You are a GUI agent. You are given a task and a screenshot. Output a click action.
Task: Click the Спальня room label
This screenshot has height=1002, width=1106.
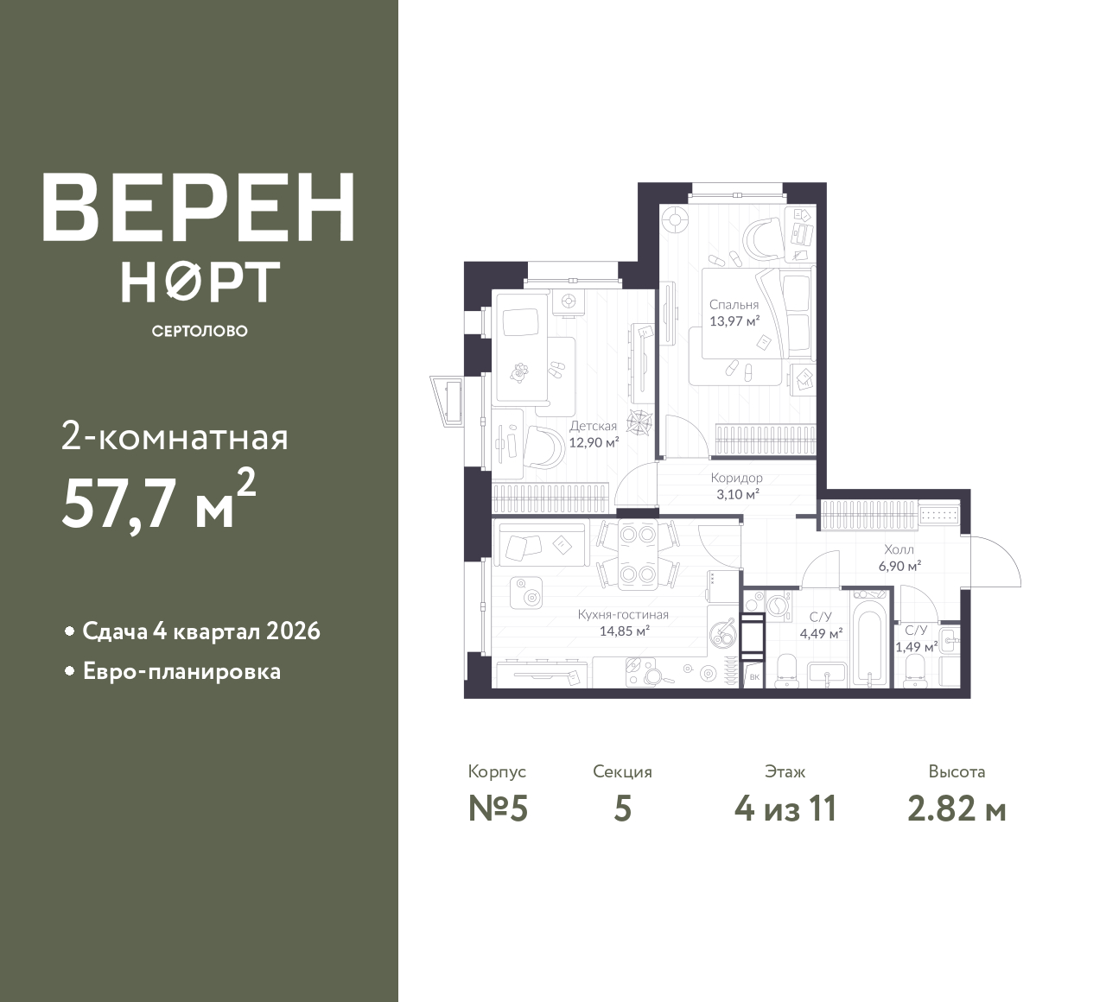[734, 304]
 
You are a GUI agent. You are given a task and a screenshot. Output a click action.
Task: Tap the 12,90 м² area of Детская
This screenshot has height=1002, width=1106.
[594, 442]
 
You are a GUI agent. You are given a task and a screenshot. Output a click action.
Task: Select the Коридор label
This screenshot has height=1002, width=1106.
[736, 478]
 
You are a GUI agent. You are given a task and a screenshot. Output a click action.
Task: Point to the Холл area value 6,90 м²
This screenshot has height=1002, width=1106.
[899, 566]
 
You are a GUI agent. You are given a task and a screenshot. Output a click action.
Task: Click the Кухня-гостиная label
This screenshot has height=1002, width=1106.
[623, 614]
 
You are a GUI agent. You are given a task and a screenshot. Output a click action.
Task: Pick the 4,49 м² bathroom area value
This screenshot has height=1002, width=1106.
[822, 634]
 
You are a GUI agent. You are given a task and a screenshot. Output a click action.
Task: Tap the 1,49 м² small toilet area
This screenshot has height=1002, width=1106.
[916, 647]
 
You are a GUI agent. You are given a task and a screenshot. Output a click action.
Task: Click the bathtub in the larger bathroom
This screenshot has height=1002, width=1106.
[869, 638]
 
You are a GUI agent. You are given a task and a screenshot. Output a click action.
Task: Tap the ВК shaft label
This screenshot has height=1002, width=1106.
[754, 677]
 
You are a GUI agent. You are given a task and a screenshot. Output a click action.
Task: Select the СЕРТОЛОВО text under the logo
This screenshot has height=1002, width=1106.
[200, 331]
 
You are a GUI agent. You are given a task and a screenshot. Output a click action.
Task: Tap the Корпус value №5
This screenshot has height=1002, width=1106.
[498, 809]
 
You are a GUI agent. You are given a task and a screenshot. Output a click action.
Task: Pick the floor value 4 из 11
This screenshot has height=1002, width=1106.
[785, 809]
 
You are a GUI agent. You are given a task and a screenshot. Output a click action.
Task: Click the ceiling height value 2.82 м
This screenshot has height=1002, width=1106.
[957, 809]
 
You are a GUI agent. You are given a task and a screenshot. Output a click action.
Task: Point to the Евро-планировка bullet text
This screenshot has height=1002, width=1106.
[182, 672]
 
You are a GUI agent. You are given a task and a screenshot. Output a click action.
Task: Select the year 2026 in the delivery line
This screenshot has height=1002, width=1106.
[293, 631]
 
